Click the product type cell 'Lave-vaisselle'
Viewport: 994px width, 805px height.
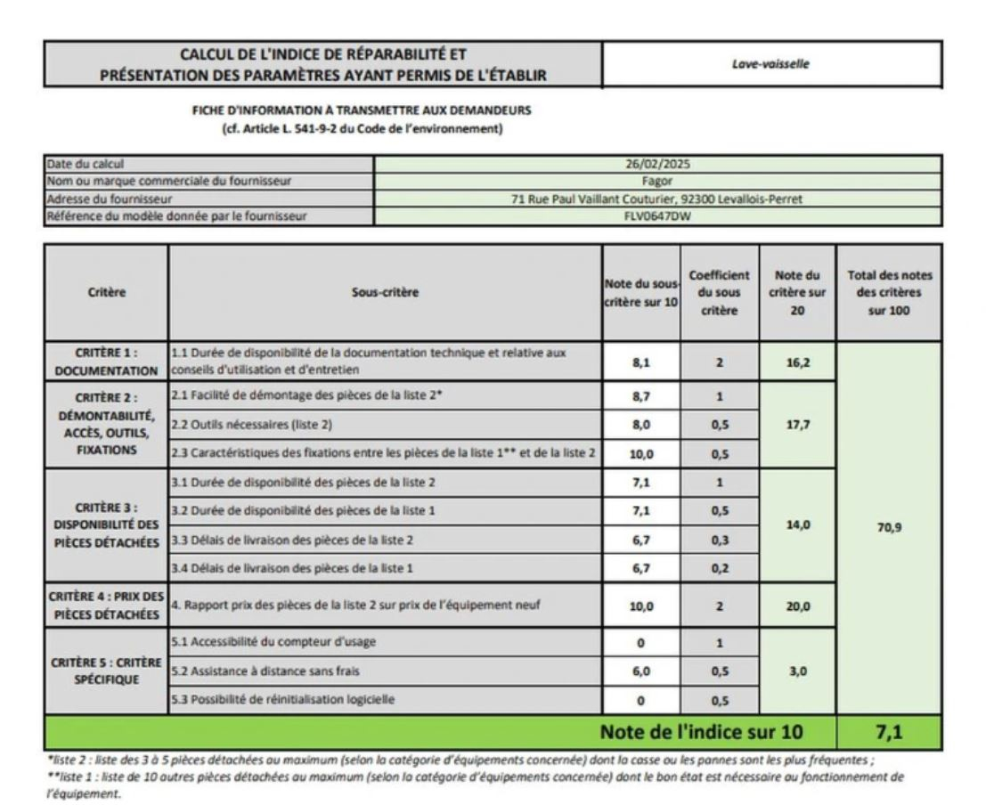pyautogui.click(x=771, y=65)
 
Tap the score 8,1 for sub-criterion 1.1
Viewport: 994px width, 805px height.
pyautogui.click(x=641, y=363)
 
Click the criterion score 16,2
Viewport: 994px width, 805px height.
pyautogui.click(x=797, y=363)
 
